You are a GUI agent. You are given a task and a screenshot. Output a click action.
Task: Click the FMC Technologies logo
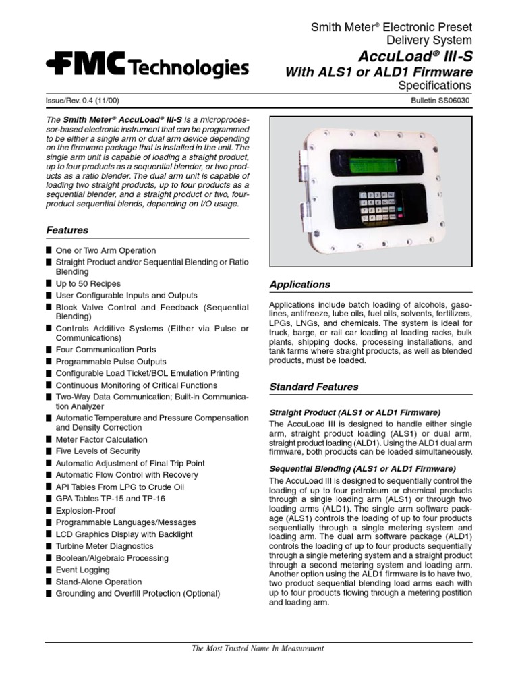pyautogui.click(x=146, y=66)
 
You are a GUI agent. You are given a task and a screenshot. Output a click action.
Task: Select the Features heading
pyautogui.click(x=67, y=230)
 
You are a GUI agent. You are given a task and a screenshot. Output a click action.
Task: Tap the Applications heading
pyautogui.click(x=299, y=285)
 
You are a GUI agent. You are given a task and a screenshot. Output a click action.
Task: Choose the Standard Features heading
pyautogui.click(x=314, y=387)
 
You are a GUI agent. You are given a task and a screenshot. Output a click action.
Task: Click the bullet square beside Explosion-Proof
pyautogui.click(x=49, y=511)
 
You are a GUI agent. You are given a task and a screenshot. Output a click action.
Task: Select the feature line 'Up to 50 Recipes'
pyautogui.click(x=88, y=284)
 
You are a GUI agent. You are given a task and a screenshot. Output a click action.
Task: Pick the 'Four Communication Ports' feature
pyautogui.click(x=105, y=350)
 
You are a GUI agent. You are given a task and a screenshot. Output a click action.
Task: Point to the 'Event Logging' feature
pyautogui.click(x=82, y=570)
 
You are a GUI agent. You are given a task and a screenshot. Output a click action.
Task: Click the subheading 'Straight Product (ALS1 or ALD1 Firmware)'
pyautogui.click(x=354, y=412)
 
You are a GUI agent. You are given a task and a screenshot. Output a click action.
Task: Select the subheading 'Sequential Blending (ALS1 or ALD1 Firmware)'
pyautogui.click(x=362, y=468)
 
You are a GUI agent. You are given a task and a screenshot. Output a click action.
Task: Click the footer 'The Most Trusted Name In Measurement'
pyautogui.click(x=258, y=648)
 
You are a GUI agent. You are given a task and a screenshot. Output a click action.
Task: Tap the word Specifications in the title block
pyautogui.click(x=434, y=86)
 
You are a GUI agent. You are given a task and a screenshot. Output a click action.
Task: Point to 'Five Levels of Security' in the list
pyautogui.click(x=98, y=451)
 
